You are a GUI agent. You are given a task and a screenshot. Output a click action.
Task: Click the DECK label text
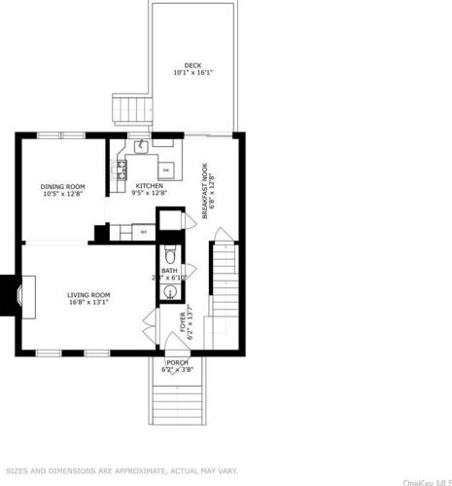(193, 65)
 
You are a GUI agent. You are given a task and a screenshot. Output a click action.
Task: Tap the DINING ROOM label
(63, 187)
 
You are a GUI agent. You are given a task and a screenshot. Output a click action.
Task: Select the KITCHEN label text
(150, 186)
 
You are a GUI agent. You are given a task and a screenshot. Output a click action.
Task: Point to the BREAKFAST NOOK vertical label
(205, 176)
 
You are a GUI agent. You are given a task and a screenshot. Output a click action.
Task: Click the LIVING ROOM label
(87, 294)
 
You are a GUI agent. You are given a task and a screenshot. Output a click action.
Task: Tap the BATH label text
(169, 270)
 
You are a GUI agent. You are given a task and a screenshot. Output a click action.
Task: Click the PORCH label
(177, 362)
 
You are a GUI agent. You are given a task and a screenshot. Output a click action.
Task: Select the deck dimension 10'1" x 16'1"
(193, 73)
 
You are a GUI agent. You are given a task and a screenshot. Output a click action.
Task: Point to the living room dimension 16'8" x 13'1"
(87, 302)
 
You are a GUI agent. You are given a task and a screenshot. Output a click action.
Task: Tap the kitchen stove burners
(122, 171)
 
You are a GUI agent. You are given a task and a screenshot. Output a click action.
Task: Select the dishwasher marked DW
(166, 171)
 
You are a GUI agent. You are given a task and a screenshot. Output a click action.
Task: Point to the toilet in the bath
(172, 251)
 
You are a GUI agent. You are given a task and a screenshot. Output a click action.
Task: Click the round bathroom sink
(172, 289)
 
